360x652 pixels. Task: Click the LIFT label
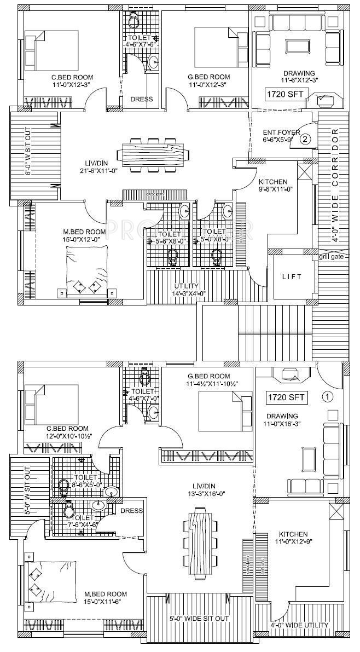point(292,277)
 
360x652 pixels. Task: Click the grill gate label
point(334,256)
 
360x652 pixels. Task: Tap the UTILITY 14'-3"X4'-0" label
point(190,290)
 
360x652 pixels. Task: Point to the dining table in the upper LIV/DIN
point(153,153)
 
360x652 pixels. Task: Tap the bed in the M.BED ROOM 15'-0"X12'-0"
point(87,272)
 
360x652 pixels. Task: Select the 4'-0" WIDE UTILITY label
point(304,625)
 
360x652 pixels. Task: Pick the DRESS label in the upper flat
point(141,99)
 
